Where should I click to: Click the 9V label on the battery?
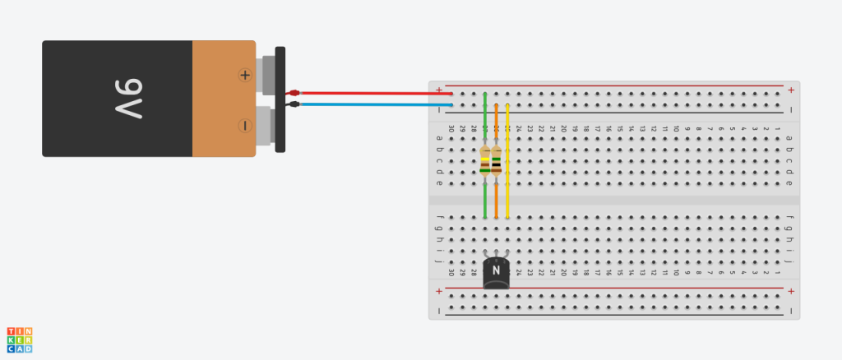pyautogui.click(x=123, y=99)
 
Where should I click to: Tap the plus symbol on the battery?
pyautogui.click(x=244, y=75)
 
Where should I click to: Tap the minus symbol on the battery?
pyautogui.click(x=244, y=126)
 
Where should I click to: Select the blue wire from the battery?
pyautogui.click(x=370, y=104)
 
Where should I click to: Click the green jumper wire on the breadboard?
pyautogui.click(x=485, y=197)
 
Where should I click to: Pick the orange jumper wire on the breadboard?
pyautogui.click(x=497, y=197)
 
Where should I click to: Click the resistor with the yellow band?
pyautogui.click(x=485, y=161)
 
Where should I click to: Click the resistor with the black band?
pyautogui.click(x=497, y=161)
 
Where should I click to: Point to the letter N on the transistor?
pyautogui.click(x=496, y=269)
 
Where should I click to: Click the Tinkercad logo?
pyautogui.click(x=20, y=340)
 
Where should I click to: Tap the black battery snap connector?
pyautogui.click(x=280, y=99)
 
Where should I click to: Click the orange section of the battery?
pyautogui.click(x=224, y=99)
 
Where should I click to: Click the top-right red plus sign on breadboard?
pyautogui.click(x=791, y=90)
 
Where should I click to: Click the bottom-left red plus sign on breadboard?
pyautogui.click(x=439, y=291)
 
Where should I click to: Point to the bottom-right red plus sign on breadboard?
pyautogui.click(x=791, y=291)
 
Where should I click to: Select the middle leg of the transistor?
pyautogui.click(x=497, y=254)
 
